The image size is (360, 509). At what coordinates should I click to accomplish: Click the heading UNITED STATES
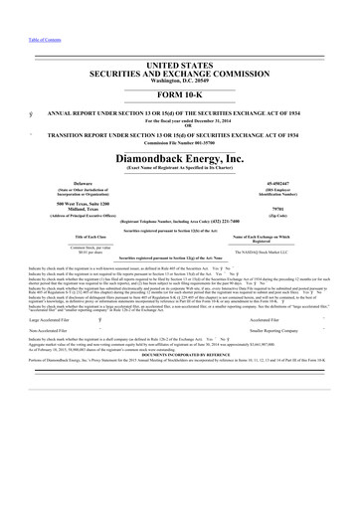[x=180, y=65]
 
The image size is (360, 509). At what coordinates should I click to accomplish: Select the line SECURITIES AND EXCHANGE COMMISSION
[x=180, y=74]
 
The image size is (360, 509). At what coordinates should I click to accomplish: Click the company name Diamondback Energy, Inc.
[x=180, y=157]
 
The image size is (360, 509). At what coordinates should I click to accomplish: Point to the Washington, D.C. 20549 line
[x=180, y=82]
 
